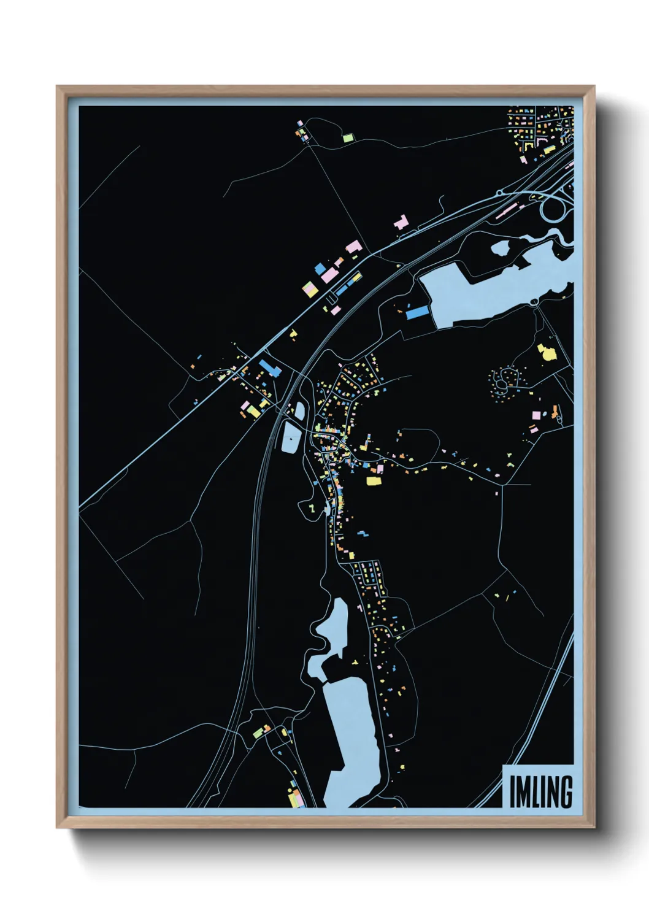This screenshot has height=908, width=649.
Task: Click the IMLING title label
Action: point(540,791)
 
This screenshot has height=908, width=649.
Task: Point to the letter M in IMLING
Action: point(523,792)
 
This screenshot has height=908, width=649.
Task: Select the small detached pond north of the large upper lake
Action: point(500,248)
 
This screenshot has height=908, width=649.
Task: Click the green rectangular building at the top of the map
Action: point(348,138)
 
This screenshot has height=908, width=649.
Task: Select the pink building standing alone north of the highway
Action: point(401,223)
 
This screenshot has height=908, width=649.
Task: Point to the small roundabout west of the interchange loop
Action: point(499,194)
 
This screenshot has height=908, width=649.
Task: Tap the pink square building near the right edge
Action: point(536,415)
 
